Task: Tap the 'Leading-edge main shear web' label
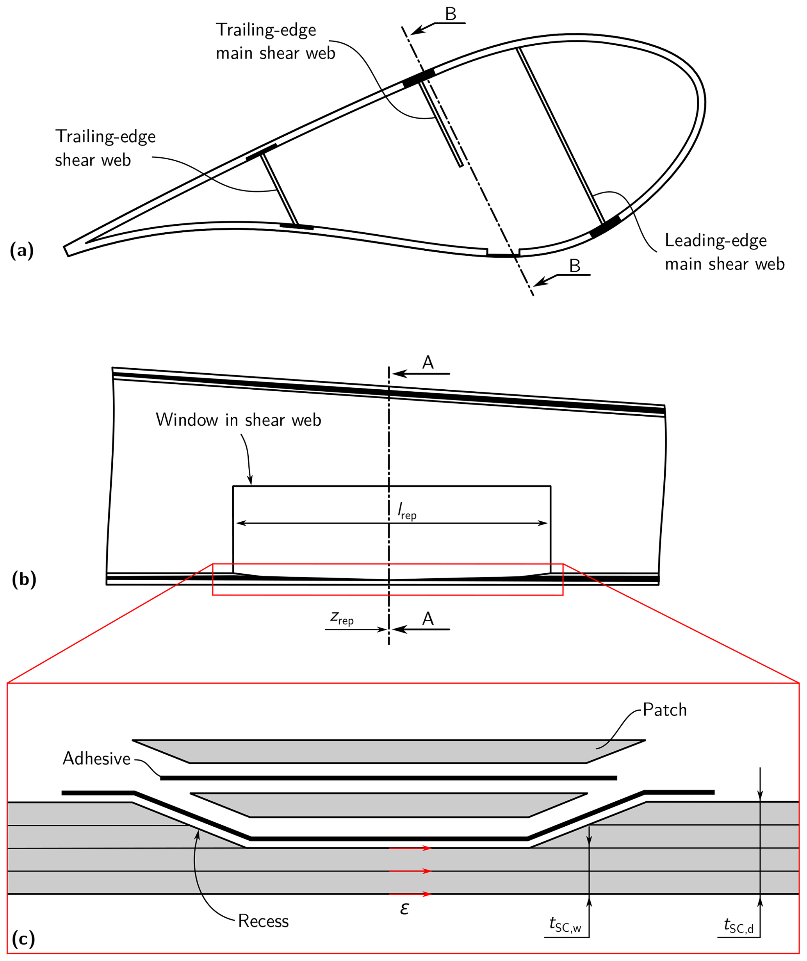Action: click(x=724, y=252)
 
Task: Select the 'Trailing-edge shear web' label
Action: click(x=105, y=148)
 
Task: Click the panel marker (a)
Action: click(x=21, y=250)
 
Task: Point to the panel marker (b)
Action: click(x=24, y=579)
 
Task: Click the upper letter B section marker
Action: click(x=451, y=14)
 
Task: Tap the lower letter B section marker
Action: click(x=575, y=266)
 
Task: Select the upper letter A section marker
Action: click(x=428, y=362)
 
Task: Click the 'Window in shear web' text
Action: click(x=238, y=420)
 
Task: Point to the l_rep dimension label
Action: click(x=407, y=511)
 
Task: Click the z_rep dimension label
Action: click(x=342, y=618)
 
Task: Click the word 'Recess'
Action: click(x=264, y=921)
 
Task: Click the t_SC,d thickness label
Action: click(x=738, y=926)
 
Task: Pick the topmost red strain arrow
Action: click(x=410, y=848)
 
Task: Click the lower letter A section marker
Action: click(x=428, y=619)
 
